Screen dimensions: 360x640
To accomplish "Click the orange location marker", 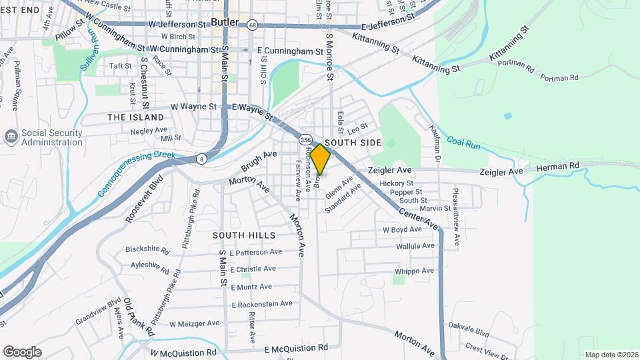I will [x=320, y=159].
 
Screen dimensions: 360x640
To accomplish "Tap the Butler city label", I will [x=225, y=22].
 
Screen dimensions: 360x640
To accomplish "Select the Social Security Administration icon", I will [x=11, y=137].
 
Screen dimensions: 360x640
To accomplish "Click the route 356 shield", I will [x=305, y=140].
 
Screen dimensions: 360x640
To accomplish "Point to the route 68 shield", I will [x=251, y=25].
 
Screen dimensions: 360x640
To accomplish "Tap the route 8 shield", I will [x=201, y=158].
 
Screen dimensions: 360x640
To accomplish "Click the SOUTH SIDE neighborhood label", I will [x=353, y=143].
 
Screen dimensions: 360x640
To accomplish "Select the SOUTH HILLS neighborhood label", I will [x=244, y=235].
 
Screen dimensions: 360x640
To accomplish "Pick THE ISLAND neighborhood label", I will [x=135, y=117].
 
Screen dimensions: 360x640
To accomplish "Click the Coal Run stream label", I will [x=463, y=141].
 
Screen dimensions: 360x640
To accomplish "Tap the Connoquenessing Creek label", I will [x=137, y=174].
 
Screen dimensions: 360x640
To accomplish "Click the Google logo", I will [x=22, y=351].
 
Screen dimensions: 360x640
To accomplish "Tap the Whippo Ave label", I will [x=414, y=270].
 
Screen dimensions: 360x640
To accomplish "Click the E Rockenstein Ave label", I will [x=262, y=304].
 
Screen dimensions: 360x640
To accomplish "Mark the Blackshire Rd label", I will [x=147, y=250].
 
